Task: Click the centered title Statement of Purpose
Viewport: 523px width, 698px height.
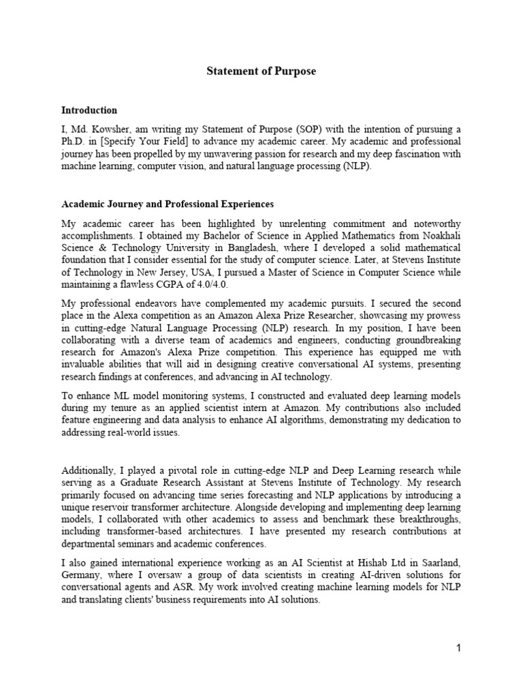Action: [x=261, y=72]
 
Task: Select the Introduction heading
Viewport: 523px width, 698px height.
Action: [x=89, y=110]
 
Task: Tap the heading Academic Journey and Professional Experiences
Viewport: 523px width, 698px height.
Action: [x=168, y=204]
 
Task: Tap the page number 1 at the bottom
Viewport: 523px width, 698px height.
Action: [x=459, y=648]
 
